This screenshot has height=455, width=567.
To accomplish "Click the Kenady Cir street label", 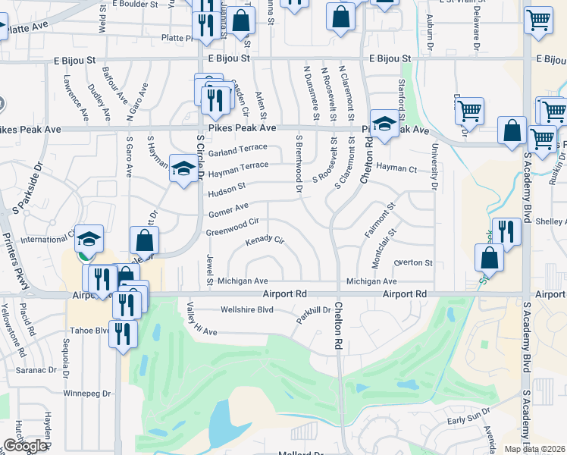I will click(265, 242).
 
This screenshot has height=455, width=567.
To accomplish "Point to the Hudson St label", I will click(227, 187).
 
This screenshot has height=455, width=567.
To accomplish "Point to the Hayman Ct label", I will click(397, 168).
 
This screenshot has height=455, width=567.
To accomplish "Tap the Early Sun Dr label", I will click(464, 419).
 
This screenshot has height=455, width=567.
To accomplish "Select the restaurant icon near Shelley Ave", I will click(506, 231).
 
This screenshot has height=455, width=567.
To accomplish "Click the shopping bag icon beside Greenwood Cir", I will click(144, 241).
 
